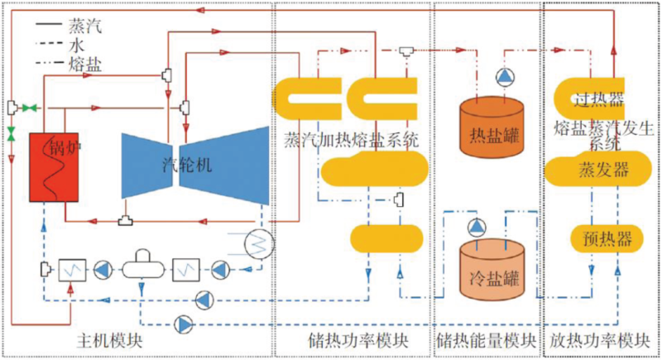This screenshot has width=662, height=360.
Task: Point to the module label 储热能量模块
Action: [x=483, y=340]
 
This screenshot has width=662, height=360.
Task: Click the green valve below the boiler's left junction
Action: [x=12, y=133]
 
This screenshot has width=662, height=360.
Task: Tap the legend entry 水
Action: [x=79, y=46]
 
